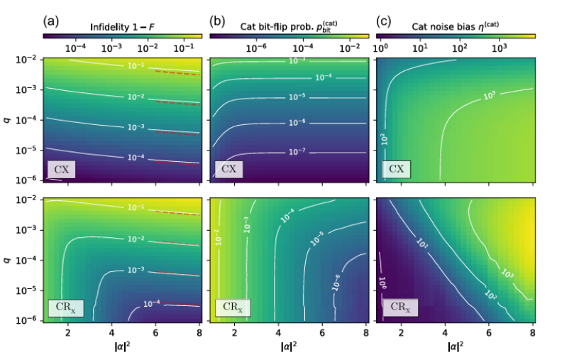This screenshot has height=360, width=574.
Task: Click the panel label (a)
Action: tap(50, 21)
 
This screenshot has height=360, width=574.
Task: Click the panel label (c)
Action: tap(382, 21)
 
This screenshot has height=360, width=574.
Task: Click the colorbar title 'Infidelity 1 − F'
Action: tap(121, 26)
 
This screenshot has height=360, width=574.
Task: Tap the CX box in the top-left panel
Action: tap(61, 170)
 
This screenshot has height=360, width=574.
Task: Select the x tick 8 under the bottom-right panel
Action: tap(532, 333)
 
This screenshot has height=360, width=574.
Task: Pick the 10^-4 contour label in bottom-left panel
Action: tap(152, 303)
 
